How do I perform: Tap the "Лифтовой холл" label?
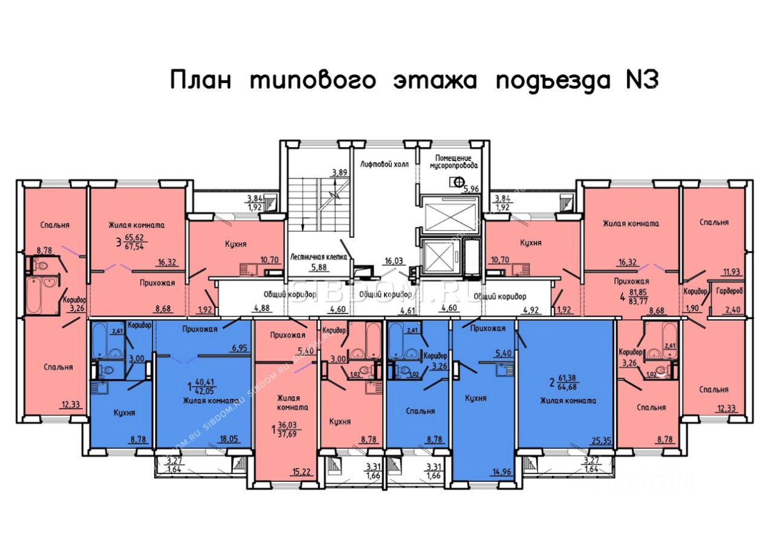(383, 163)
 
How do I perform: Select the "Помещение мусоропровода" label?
(454, 160)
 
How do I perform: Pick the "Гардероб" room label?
(729, 291)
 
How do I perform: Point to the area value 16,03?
(394, 261)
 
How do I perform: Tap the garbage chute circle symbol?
(458, 180)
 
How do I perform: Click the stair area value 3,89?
(339, 173)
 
